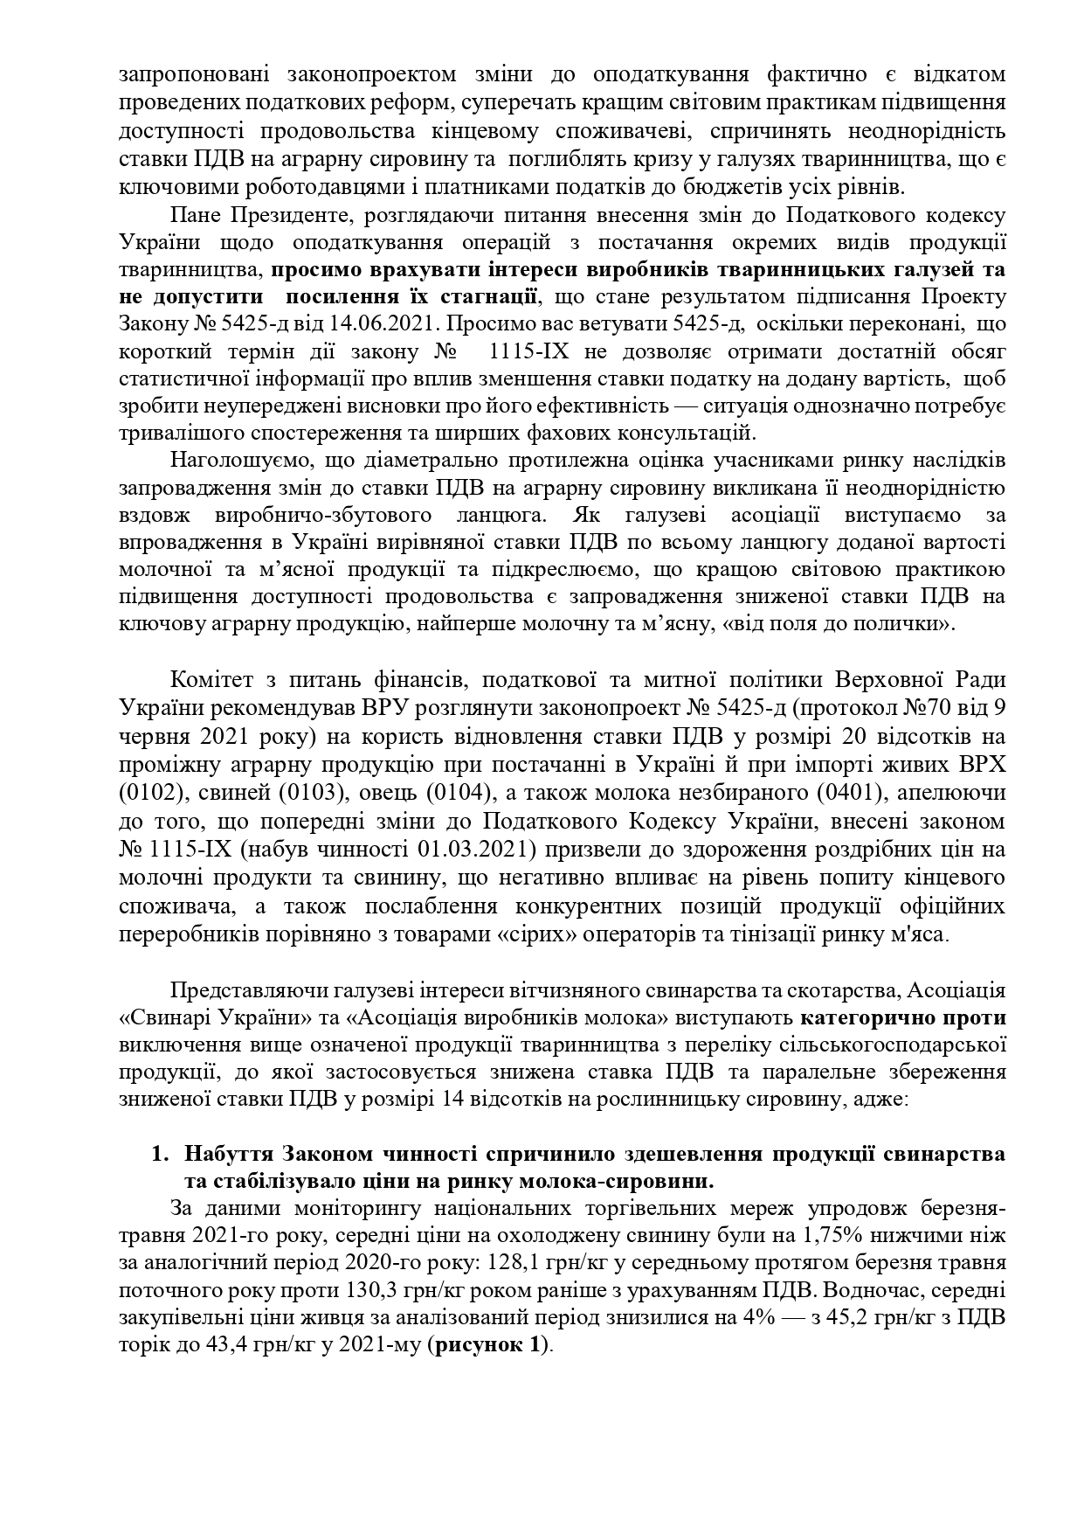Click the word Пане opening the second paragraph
pyautogui.click(x=198, y=215)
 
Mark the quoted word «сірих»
pyautogui.click(x=533, y=934)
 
